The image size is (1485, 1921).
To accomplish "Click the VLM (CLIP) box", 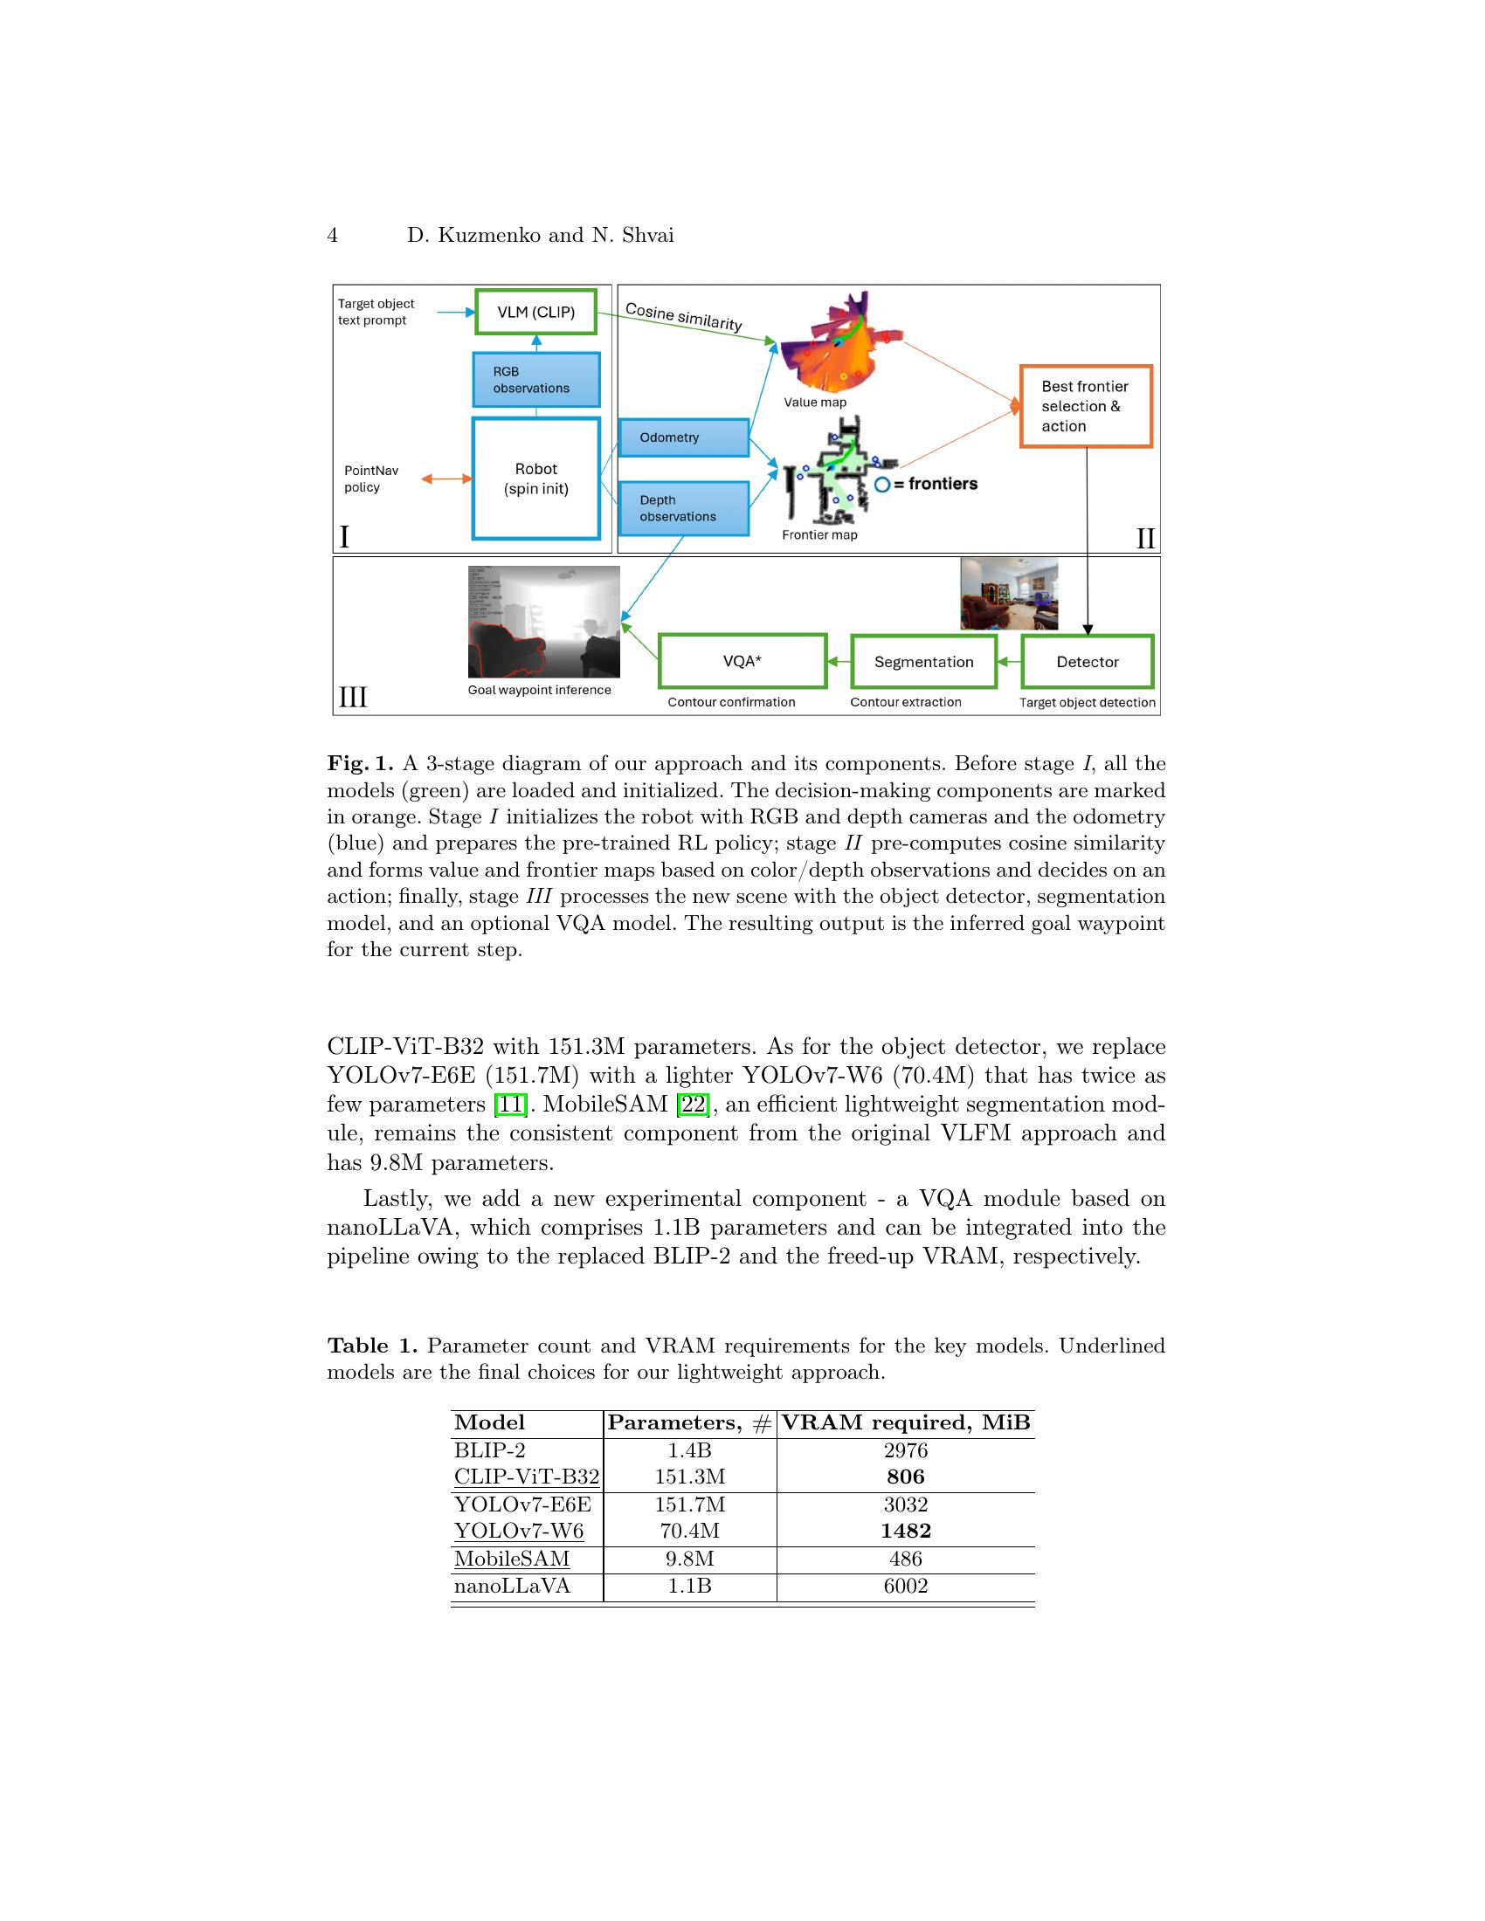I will (535, 312).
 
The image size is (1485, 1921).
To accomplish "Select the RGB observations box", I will (535, 380).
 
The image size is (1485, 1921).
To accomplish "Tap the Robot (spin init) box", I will (535, 479).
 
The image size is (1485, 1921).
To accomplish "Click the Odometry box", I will (683, 437).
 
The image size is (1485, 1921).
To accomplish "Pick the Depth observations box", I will (683, 508).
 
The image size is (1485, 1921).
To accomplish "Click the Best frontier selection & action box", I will (1086, 406).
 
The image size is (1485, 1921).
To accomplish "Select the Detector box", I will (1087, 662).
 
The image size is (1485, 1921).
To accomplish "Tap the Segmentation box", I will (922, 662).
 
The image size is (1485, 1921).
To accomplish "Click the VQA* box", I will (742, 662).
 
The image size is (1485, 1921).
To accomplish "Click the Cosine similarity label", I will (684, 318).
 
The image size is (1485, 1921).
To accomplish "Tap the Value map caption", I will (815, 402).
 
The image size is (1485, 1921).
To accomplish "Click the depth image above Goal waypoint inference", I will (543, 621).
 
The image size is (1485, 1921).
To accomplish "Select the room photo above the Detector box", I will (1008, 594).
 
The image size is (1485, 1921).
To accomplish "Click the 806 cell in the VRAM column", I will (905, 1477).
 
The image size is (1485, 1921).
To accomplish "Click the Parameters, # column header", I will (690, 1422).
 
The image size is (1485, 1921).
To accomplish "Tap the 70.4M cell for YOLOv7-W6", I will (690, 1532).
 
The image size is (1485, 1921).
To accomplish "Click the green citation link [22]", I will (693, 1104).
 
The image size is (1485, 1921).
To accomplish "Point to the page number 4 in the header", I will (333, 235).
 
